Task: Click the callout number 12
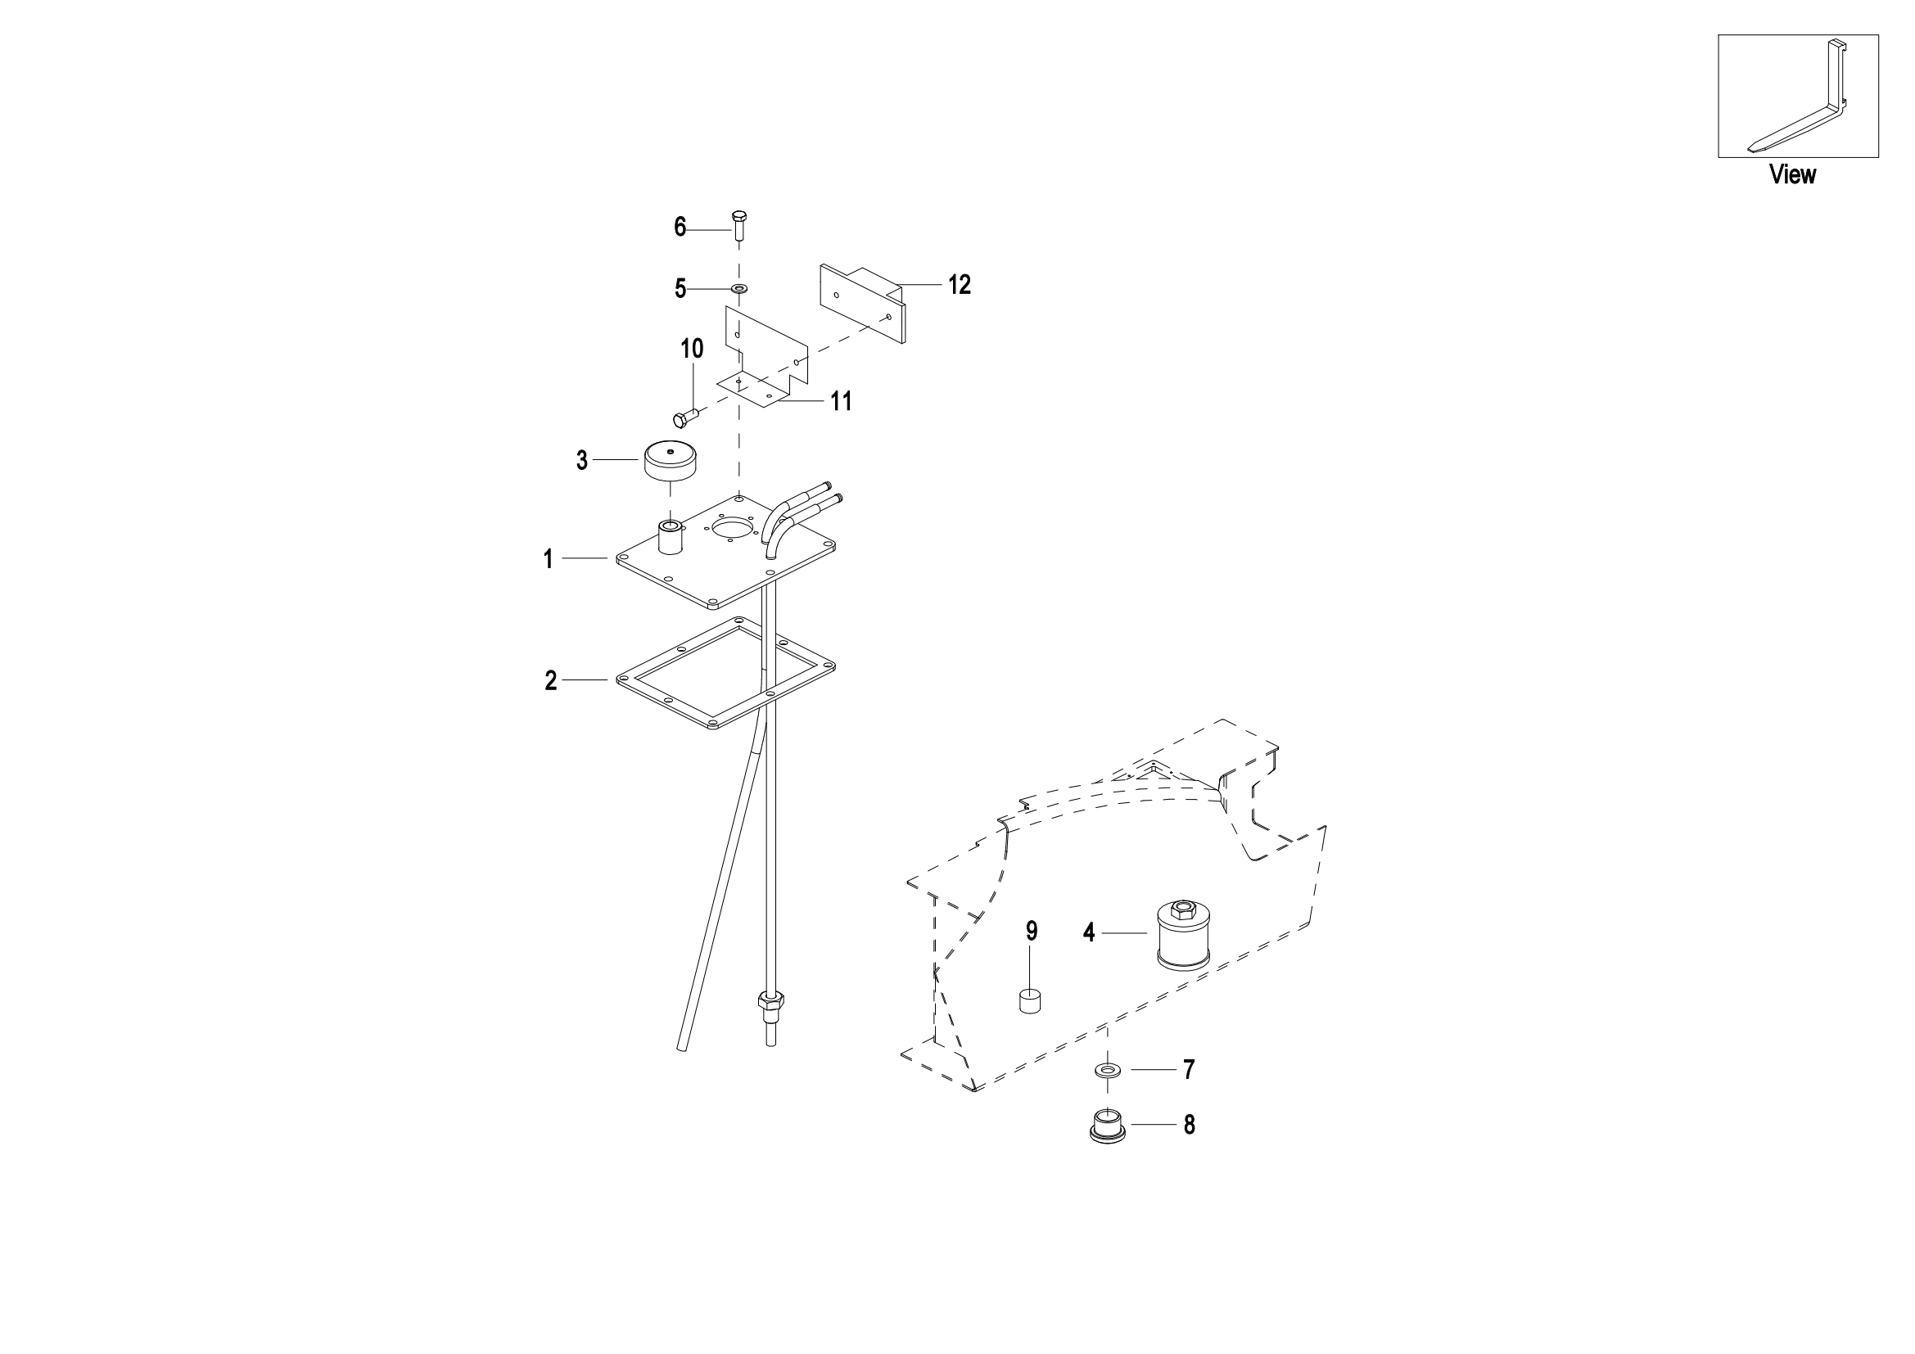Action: [x=960, y=285]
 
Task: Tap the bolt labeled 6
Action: [x=739, y=224]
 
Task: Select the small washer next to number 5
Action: [x=739, y=288]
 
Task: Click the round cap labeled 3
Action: [x=671, y=461]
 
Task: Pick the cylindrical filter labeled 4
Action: [x=1183, y=937]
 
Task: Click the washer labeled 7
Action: [x=1108, y=1070]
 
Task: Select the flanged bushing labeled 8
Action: [x=1108, y=1126]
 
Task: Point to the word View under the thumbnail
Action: [x=1792, y=174]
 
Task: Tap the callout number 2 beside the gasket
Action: [x=550, y=681]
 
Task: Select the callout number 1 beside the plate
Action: [x=548, y=559]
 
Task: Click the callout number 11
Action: [x=841, y=402]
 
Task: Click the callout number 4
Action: [x=1088, y=933]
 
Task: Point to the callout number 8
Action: [x=1190, y=1126]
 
